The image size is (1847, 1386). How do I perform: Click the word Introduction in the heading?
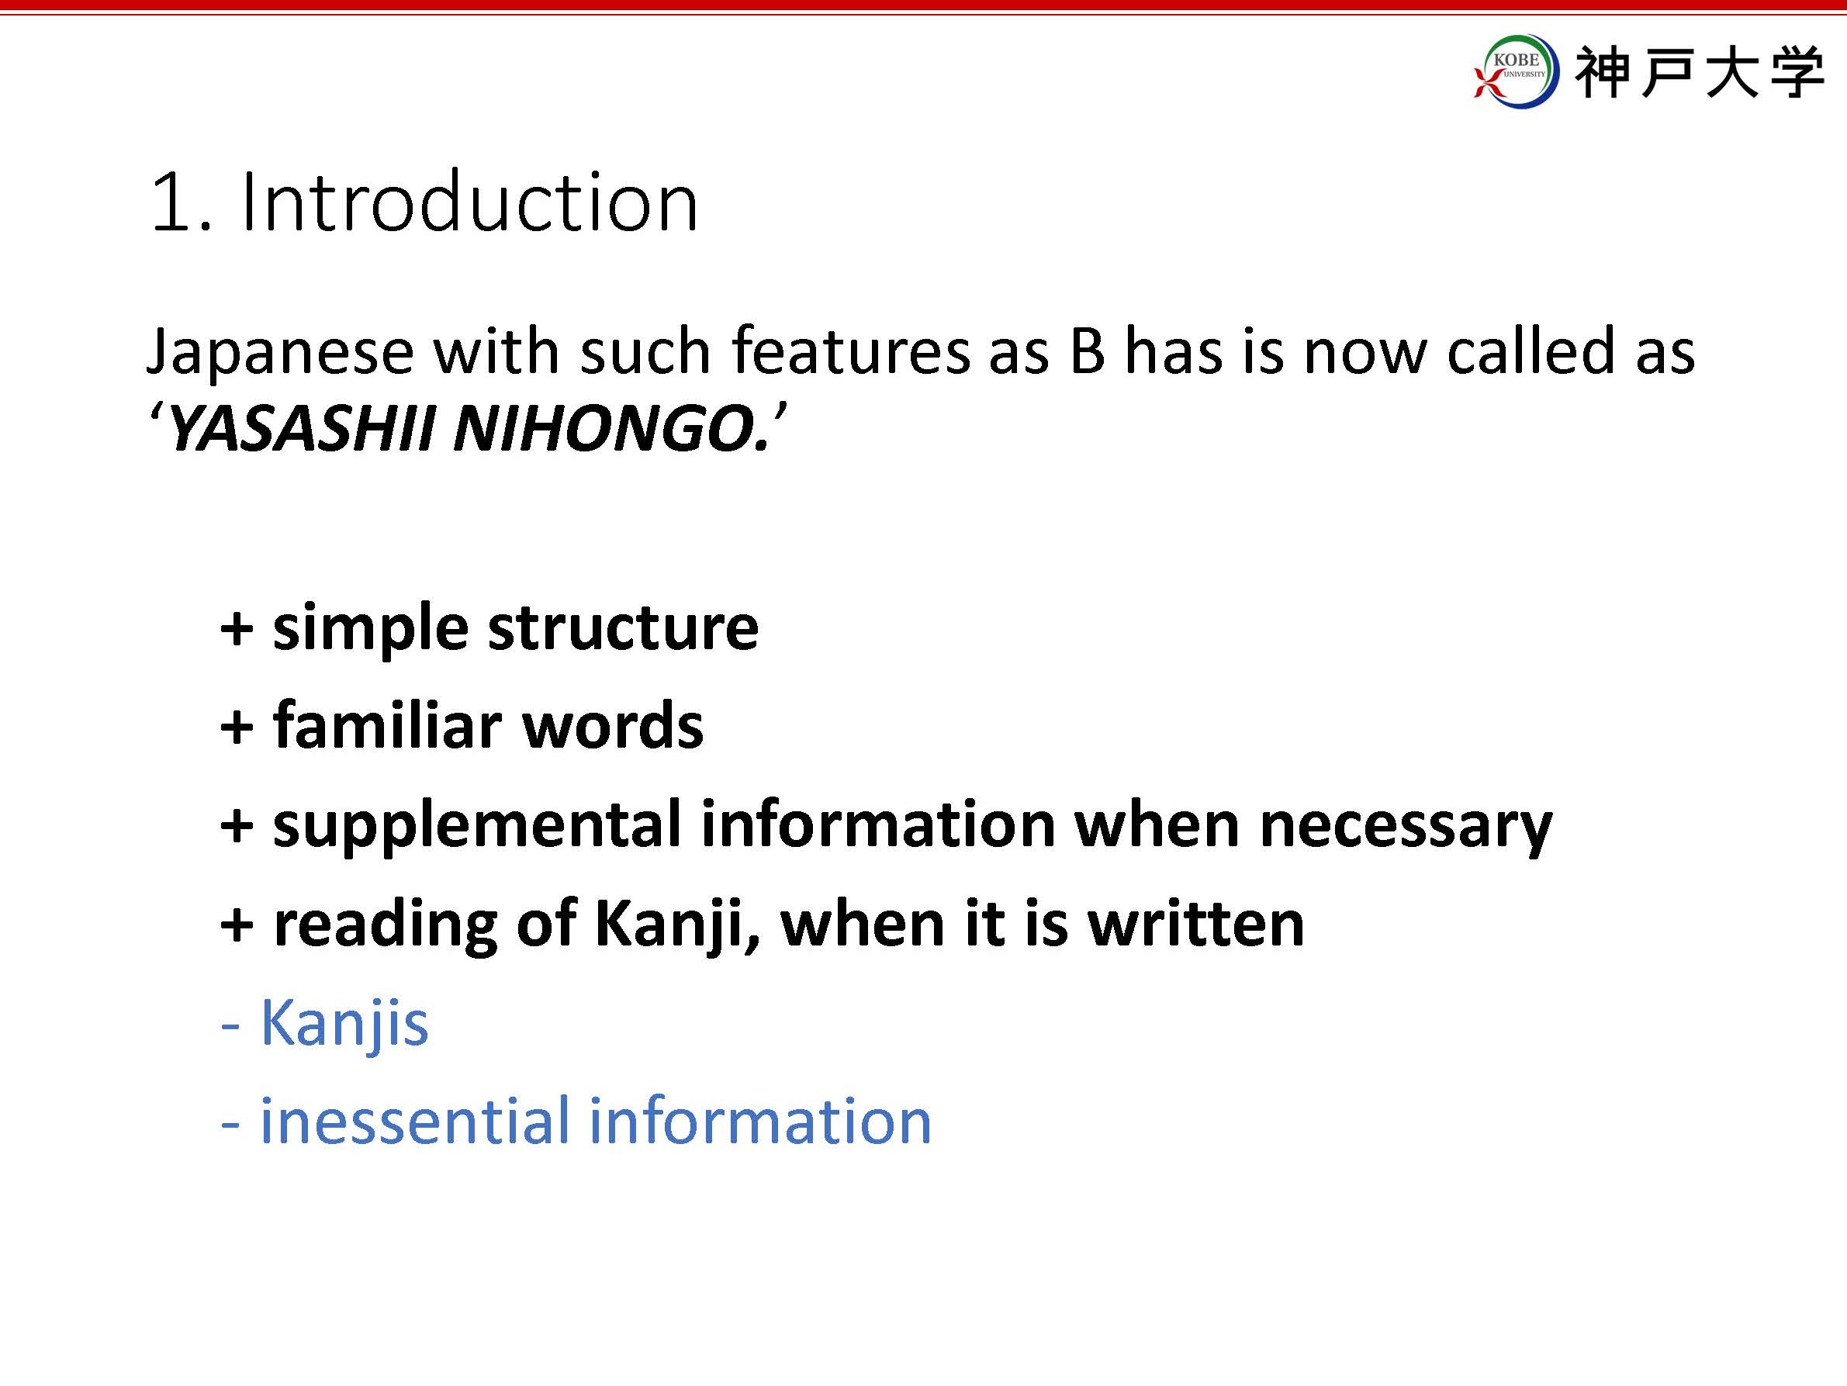[x=469, y=202]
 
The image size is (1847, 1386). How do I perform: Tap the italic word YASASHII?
[x=302, y=430]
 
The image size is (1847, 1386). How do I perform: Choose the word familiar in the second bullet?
[x=387, y=724]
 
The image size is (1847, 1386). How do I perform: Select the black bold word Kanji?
[x=668, y=925]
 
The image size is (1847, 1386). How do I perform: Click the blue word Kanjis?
[x=344, y=1025]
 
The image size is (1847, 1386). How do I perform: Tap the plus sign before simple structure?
[x=237, y=631]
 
